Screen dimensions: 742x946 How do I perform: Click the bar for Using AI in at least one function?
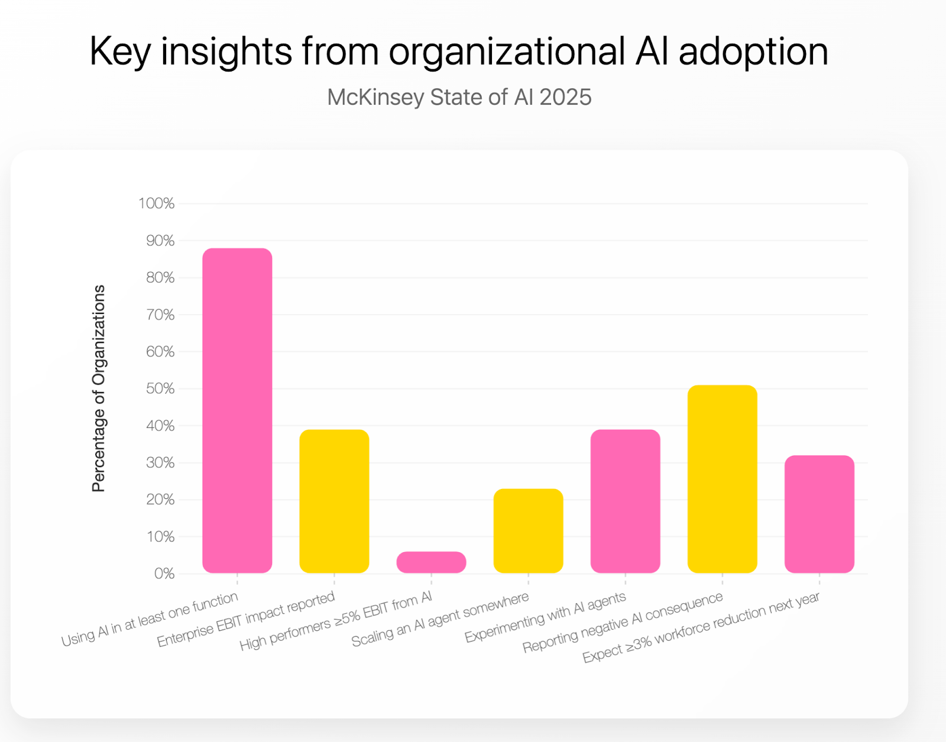237,410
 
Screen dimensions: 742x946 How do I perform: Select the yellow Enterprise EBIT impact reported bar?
334,501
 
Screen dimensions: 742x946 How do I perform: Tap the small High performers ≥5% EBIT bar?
431,562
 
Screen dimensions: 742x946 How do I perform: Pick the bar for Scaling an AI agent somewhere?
528,530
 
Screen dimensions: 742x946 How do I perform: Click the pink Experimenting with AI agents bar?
625,501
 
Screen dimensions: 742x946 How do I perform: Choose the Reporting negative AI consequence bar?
722,479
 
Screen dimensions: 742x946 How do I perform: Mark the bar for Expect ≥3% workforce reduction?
819,514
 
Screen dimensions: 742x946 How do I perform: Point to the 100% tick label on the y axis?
157,204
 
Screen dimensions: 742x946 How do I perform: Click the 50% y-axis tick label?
160,389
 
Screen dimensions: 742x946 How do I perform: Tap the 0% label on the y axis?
164,574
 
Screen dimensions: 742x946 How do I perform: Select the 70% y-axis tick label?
160,315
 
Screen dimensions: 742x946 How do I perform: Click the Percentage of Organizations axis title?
99,388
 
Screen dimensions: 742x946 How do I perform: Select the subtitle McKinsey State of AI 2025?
459,98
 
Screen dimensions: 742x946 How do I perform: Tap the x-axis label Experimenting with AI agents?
545,617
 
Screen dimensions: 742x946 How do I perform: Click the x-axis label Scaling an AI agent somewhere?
440,620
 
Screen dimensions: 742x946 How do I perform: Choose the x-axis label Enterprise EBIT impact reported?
246,620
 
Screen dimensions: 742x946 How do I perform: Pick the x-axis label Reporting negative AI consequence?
623,622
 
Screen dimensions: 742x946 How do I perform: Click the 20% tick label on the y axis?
160,500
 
